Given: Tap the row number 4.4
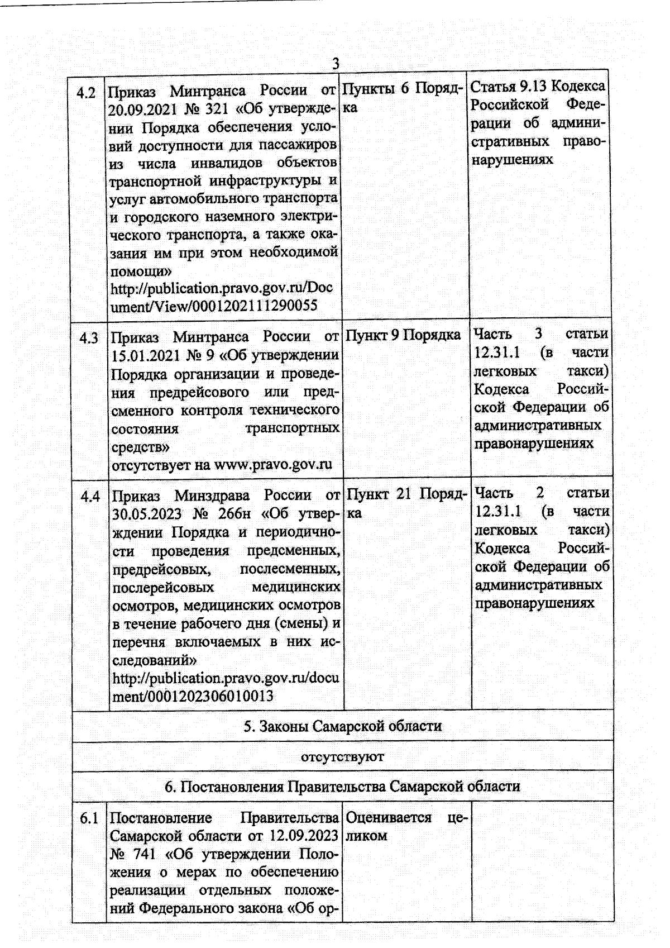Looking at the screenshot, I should (90, 496).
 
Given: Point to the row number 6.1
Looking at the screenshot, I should (89, 819).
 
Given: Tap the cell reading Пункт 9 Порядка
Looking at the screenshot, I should (403, 335).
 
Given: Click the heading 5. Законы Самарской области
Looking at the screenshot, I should (342, 726).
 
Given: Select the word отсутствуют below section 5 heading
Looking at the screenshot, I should (342, 757).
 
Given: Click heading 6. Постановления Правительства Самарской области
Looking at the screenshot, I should (342, 787).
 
